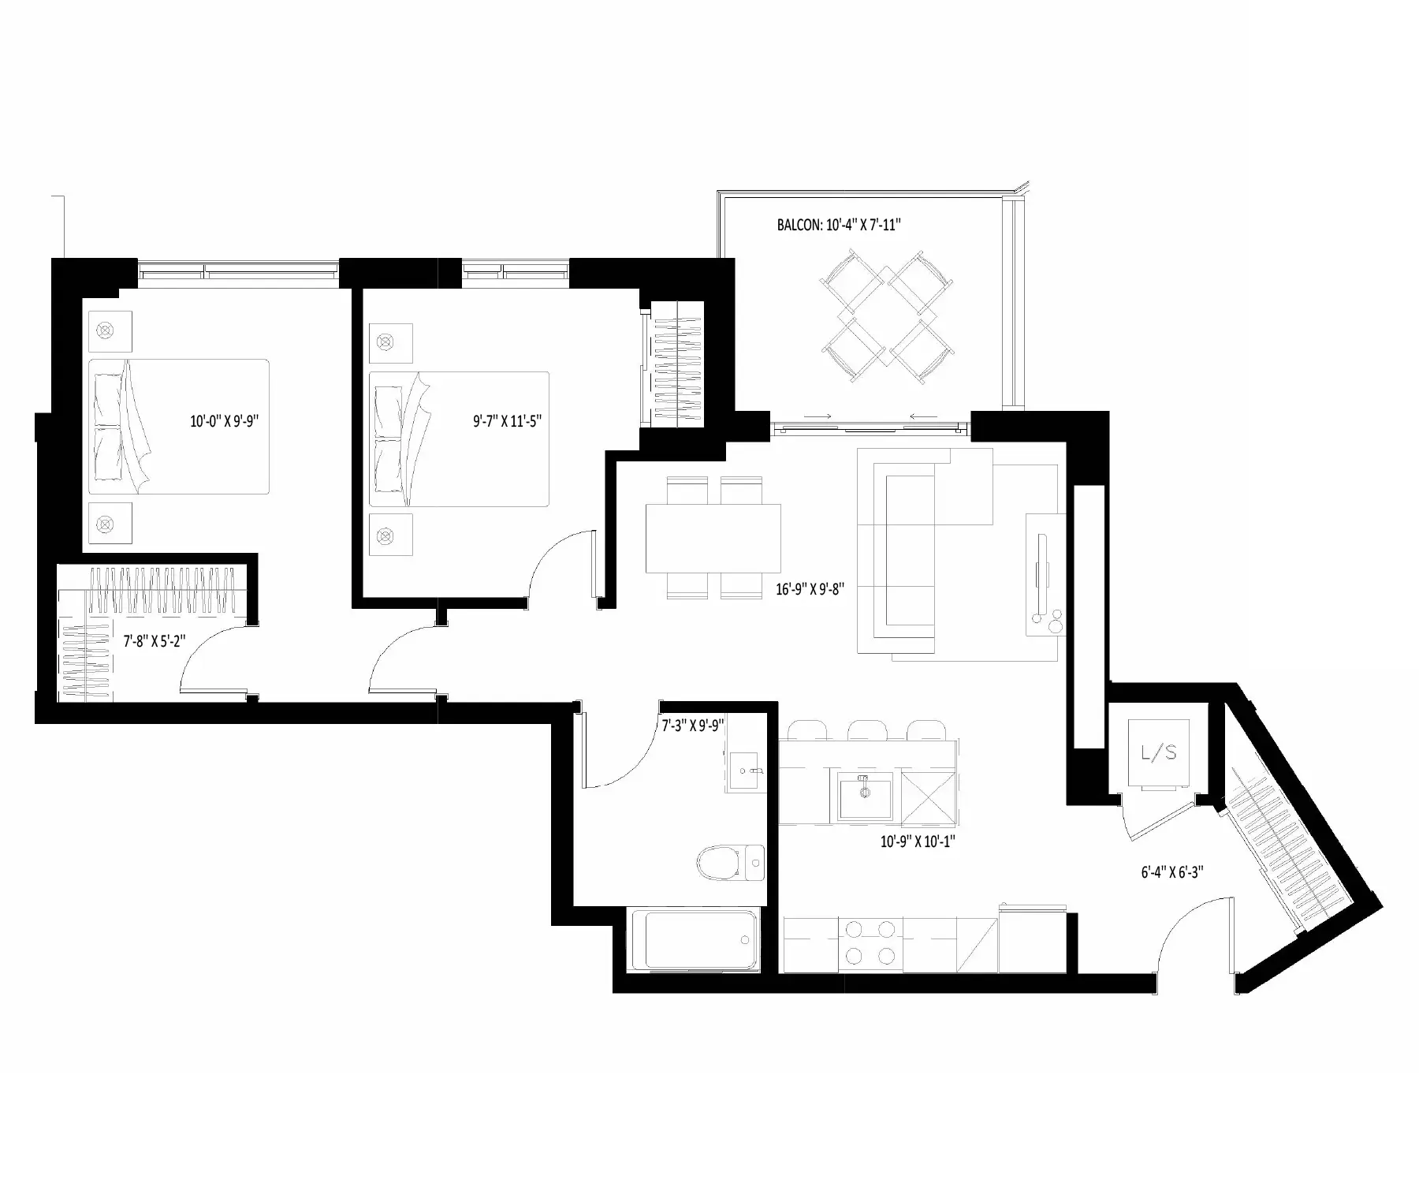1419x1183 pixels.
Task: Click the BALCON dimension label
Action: (839, 226)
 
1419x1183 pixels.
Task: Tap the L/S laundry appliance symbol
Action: (1159, 753)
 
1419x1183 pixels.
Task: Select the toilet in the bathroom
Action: (731, 864)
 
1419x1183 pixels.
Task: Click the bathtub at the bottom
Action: (694, 939)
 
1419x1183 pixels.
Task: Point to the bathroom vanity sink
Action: (746, 771)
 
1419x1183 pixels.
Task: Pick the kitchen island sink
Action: (865, 796)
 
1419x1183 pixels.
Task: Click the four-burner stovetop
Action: (870, 943)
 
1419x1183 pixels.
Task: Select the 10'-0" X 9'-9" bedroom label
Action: (225, 421)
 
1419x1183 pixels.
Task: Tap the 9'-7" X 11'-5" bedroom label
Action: (507, 421)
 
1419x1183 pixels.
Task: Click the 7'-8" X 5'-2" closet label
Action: (155, 641)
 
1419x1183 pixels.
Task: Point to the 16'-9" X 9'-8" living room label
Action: (810, 588)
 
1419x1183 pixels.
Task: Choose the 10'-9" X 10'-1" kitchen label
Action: (918, 842)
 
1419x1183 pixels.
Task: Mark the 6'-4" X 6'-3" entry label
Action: (1171, 872)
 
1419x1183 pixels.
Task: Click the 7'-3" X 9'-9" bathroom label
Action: (694, 725)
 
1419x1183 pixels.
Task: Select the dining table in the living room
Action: (713, 538)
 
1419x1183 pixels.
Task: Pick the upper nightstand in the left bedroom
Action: (110, 331)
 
